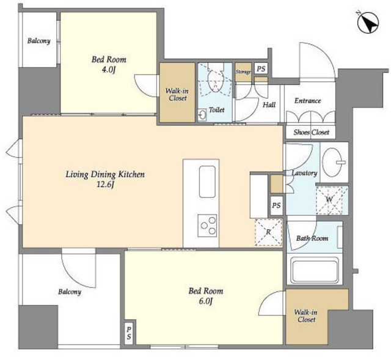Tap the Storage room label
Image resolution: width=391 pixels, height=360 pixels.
[243, 72]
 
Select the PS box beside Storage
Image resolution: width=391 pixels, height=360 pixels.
[261, 68]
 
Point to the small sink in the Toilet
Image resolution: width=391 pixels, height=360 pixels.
[202, 115]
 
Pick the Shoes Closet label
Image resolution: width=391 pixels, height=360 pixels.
[311, 132]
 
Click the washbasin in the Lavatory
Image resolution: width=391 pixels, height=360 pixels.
[332, 162]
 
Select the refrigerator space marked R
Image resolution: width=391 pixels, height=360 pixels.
[269, 232]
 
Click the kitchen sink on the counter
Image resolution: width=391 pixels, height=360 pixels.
[207, 182]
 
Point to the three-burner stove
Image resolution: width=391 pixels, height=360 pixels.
[208, 226]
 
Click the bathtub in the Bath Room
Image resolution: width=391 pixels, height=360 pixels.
[314, 271]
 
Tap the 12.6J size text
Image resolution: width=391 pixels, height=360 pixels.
[105, 185]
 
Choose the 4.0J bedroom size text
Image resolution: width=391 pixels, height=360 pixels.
[109, 70]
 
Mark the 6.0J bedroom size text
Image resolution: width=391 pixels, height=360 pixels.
[205, 301]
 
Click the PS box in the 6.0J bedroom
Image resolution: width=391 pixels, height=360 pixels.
[129, 333]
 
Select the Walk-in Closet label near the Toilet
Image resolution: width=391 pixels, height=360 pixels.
[177, 94]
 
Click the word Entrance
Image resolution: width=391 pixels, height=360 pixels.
[307, 100]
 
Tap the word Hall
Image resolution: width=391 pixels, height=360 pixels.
[269, 105]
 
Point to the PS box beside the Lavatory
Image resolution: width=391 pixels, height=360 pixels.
[277, 205]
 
